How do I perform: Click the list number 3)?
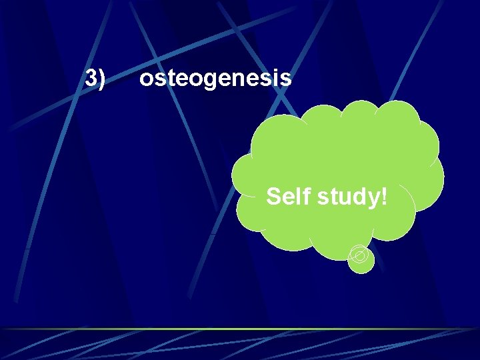click(x=95, y=79)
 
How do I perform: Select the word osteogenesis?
click(x=215, y=79)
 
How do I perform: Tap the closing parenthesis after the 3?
click(x=101, y=79)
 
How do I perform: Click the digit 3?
click(x=91, y=79)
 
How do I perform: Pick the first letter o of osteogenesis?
click(x=146, y=80)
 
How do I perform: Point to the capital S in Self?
click(x=274, y=197)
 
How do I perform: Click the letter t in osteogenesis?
click(x=169, y=79)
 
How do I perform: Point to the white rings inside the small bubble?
click(x=359, y=254)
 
